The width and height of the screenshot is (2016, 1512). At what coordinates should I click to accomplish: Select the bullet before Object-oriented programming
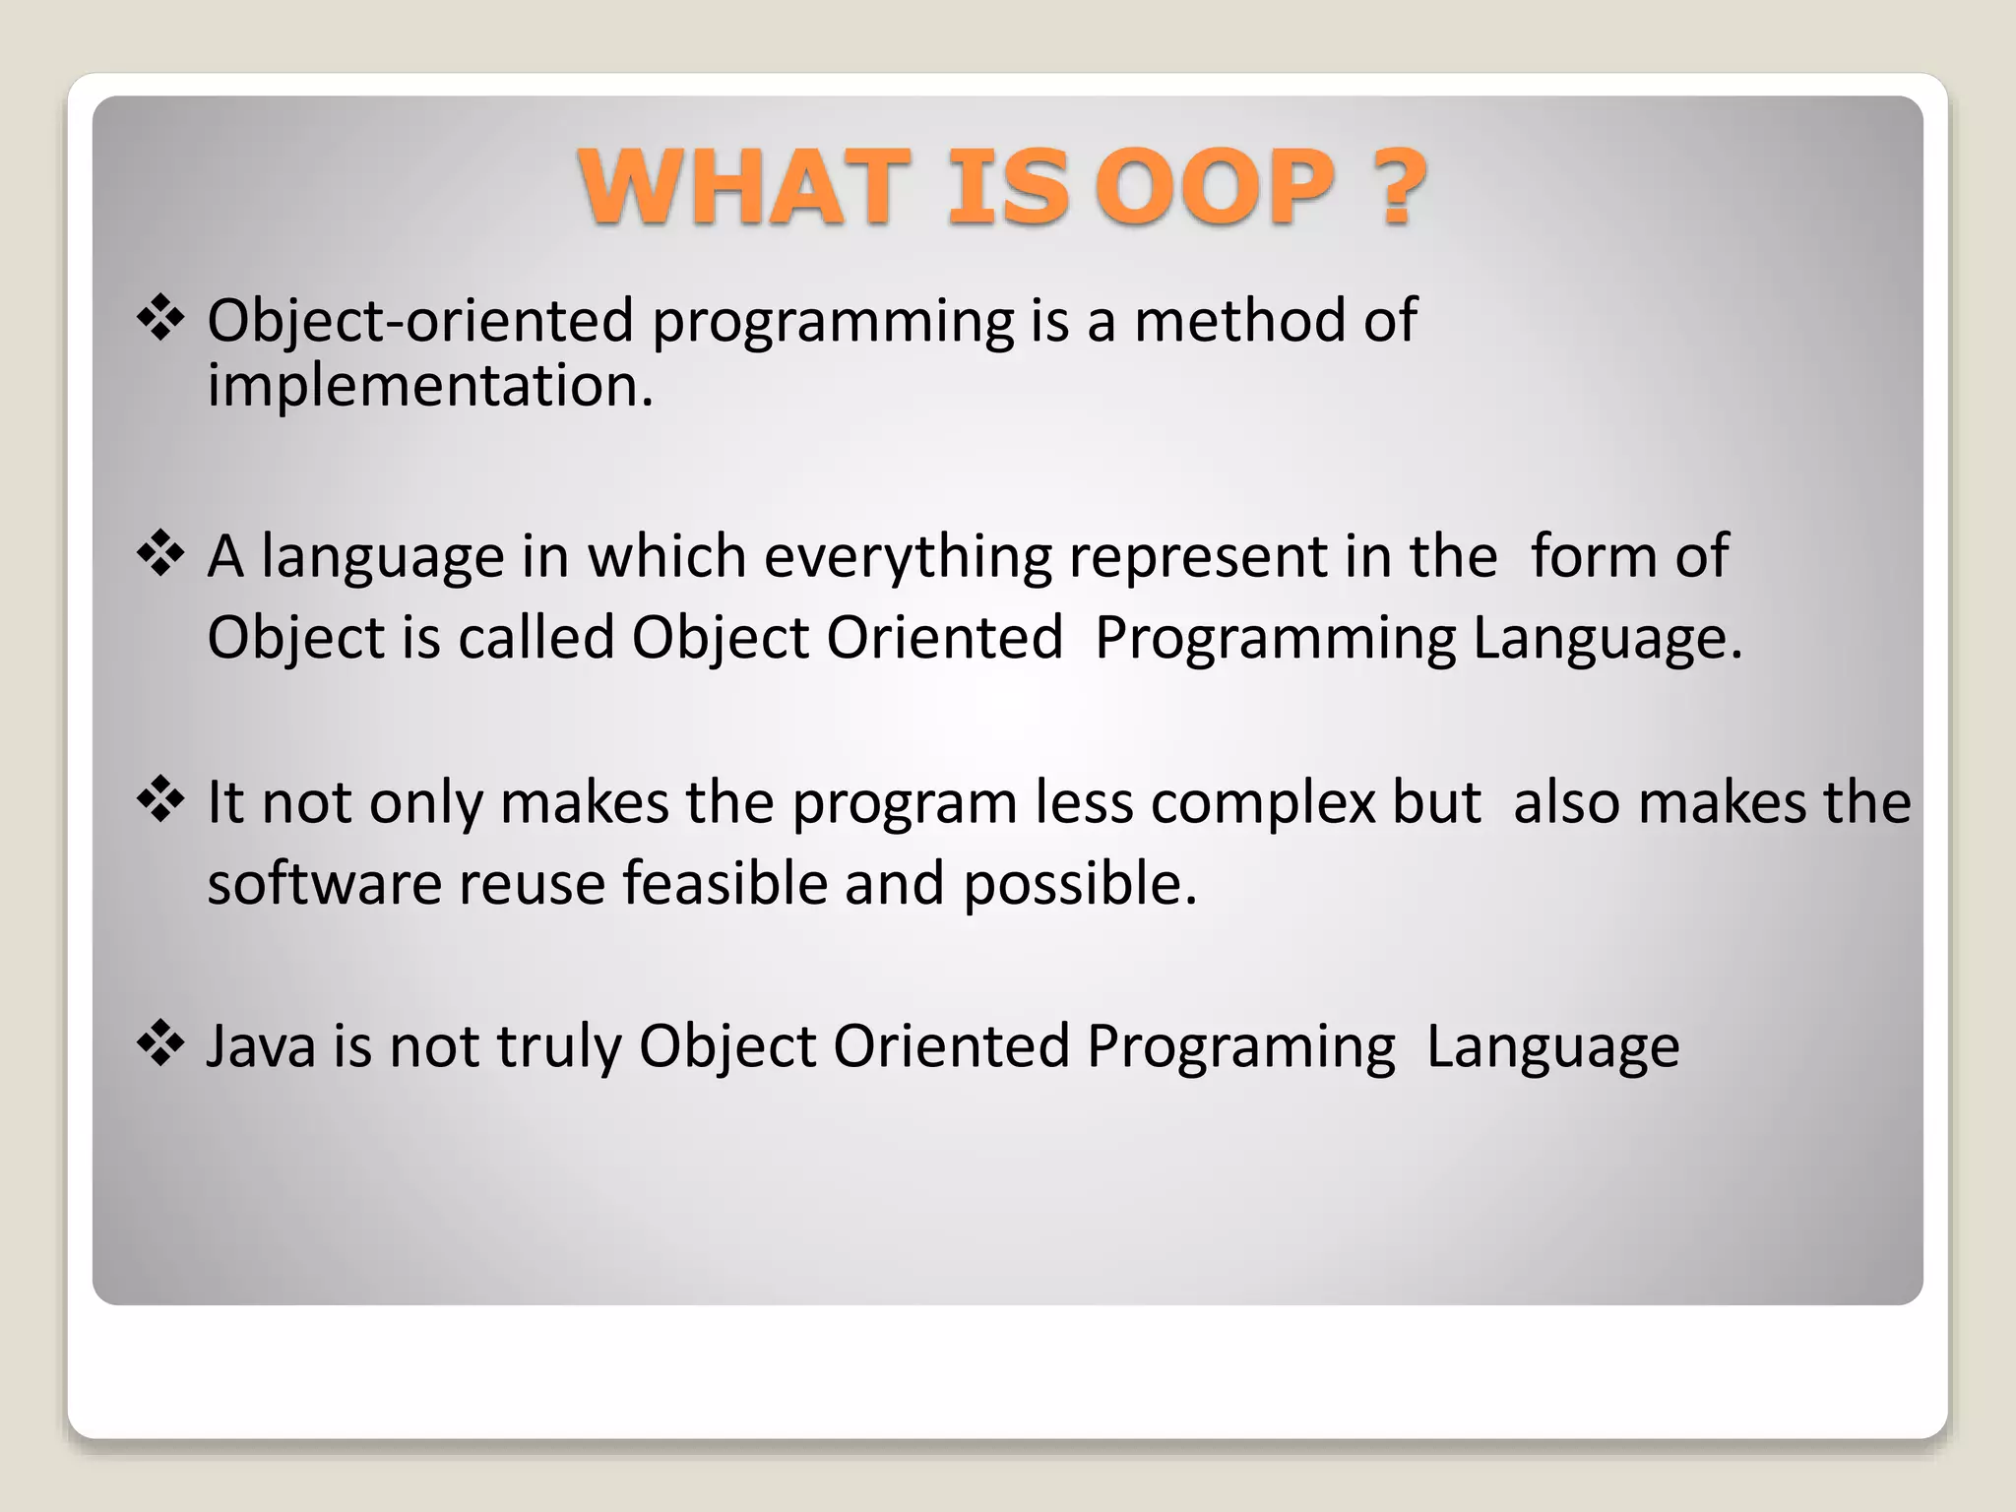click(160, 320)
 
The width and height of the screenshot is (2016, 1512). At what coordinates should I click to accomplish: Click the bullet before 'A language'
click(160, 555)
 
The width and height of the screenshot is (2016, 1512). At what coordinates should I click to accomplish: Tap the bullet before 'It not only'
click(160, 800)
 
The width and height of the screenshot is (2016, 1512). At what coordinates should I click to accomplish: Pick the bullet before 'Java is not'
click(160, 1044)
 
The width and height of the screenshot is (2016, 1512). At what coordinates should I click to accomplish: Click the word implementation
click(429, 386)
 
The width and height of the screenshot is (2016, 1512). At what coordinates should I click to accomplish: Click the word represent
click(1198, 557)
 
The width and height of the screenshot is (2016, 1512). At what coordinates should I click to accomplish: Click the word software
click(324, 883)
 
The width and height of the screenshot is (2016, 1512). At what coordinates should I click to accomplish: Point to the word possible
click(1079, 883)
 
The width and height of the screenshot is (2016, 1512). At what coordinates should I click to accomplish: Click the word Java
click(261, 1046)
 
